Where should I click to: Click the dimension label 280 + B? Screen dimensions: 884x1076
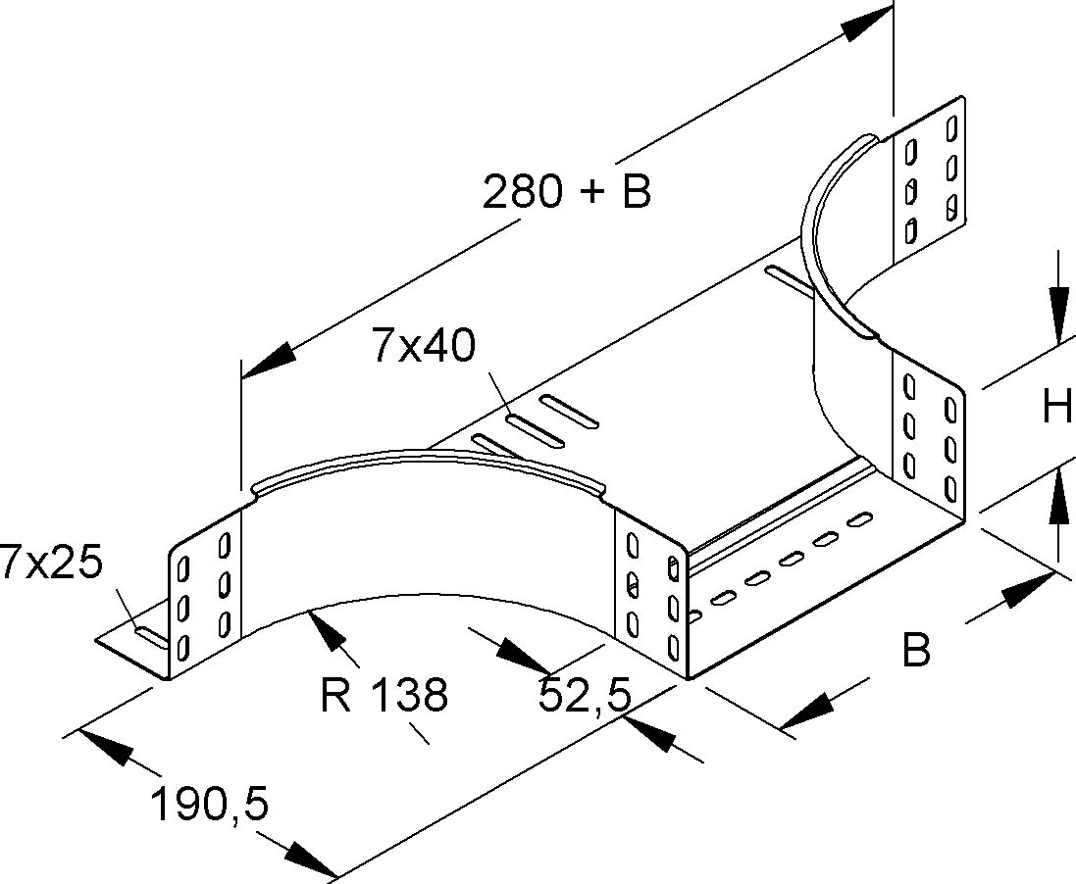point(566,192)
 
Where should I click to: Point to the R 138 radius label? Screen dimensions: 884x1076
point(384,694)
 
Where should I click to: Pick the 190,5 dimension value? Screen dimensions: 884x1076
point(209,806)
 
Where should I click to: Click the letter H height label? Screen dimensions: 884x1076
point(1056,406)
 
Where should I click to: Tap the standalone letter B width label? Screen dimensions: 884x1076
point(915,651)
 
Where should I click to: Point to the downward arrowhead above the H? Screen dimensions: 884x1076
point(1058,316)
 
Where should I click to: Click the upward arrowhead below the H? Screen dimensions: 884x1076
point(1058,498)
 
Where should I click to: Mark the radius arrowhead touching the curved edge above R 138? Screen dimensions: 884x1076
point(330,627)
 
